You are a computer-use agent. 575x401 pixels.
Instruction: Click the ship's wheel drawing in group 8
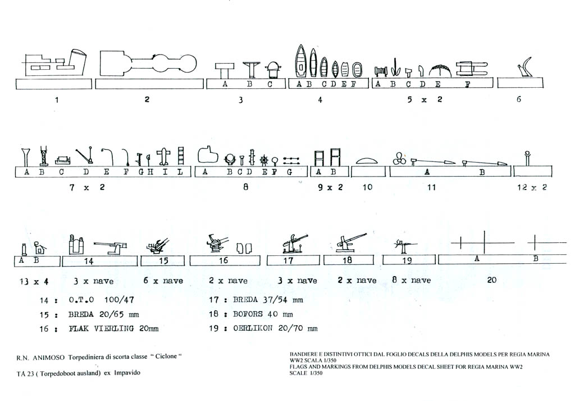tap(264, 160)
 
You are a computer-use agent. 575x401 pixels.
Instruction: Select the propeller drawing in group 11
tap(399, 159)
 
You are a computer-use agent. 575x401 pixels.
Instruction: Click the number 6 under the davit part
tap(518, 99)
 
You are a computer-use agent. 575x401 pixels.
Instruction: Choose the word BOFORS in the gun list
tap(248, 314)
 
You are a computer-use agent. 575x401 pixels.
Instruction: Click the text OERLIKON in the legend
tap(253, 328)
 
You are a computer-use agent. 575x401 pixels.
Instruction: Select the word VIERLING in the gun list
tap(114, 328)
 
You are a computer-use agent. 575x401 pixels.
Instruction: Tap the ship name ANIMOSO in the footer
tap(49, 357)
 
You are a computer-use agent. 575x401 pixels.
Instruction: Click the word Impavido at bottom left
tap(127, 373)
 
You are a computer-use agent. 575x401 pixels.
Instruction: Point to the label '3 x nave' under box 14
tap(94, 281)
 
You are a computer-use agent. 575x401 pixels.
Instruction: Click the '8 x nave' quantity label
tap(411, 280)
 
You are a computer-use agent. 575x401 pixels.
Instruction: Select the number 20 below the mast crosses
tap(492, 280)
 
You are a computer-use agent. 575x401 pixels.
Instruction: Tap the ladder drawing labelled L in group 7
tap(180, 156)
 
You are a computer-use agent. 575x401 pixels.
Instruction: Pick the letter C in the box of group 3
tap(270, 84)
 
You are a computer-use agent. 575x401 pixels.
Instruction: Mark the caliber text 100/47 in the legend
tap(119, 300)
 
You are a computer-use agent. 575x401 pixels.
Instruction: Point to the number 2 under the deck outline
tap(147, 99)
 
